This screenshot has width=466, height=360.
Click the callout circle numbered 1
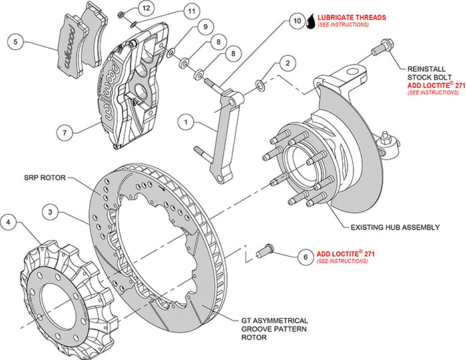coord(187,122)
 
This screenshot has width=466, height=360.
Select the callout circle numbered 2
coord(287,63)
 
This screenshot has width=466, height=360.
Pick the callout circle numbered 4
coord(9,222)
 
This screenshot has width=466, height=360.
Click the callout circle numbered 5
coord(17,42)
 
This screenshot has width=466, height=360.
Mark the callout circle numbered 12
coord(146,8)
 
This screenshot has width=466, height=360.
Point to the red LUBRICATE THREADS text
coord(352,17)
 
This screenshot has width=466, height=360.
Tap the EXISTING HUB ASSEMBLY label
coord(395,227)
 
